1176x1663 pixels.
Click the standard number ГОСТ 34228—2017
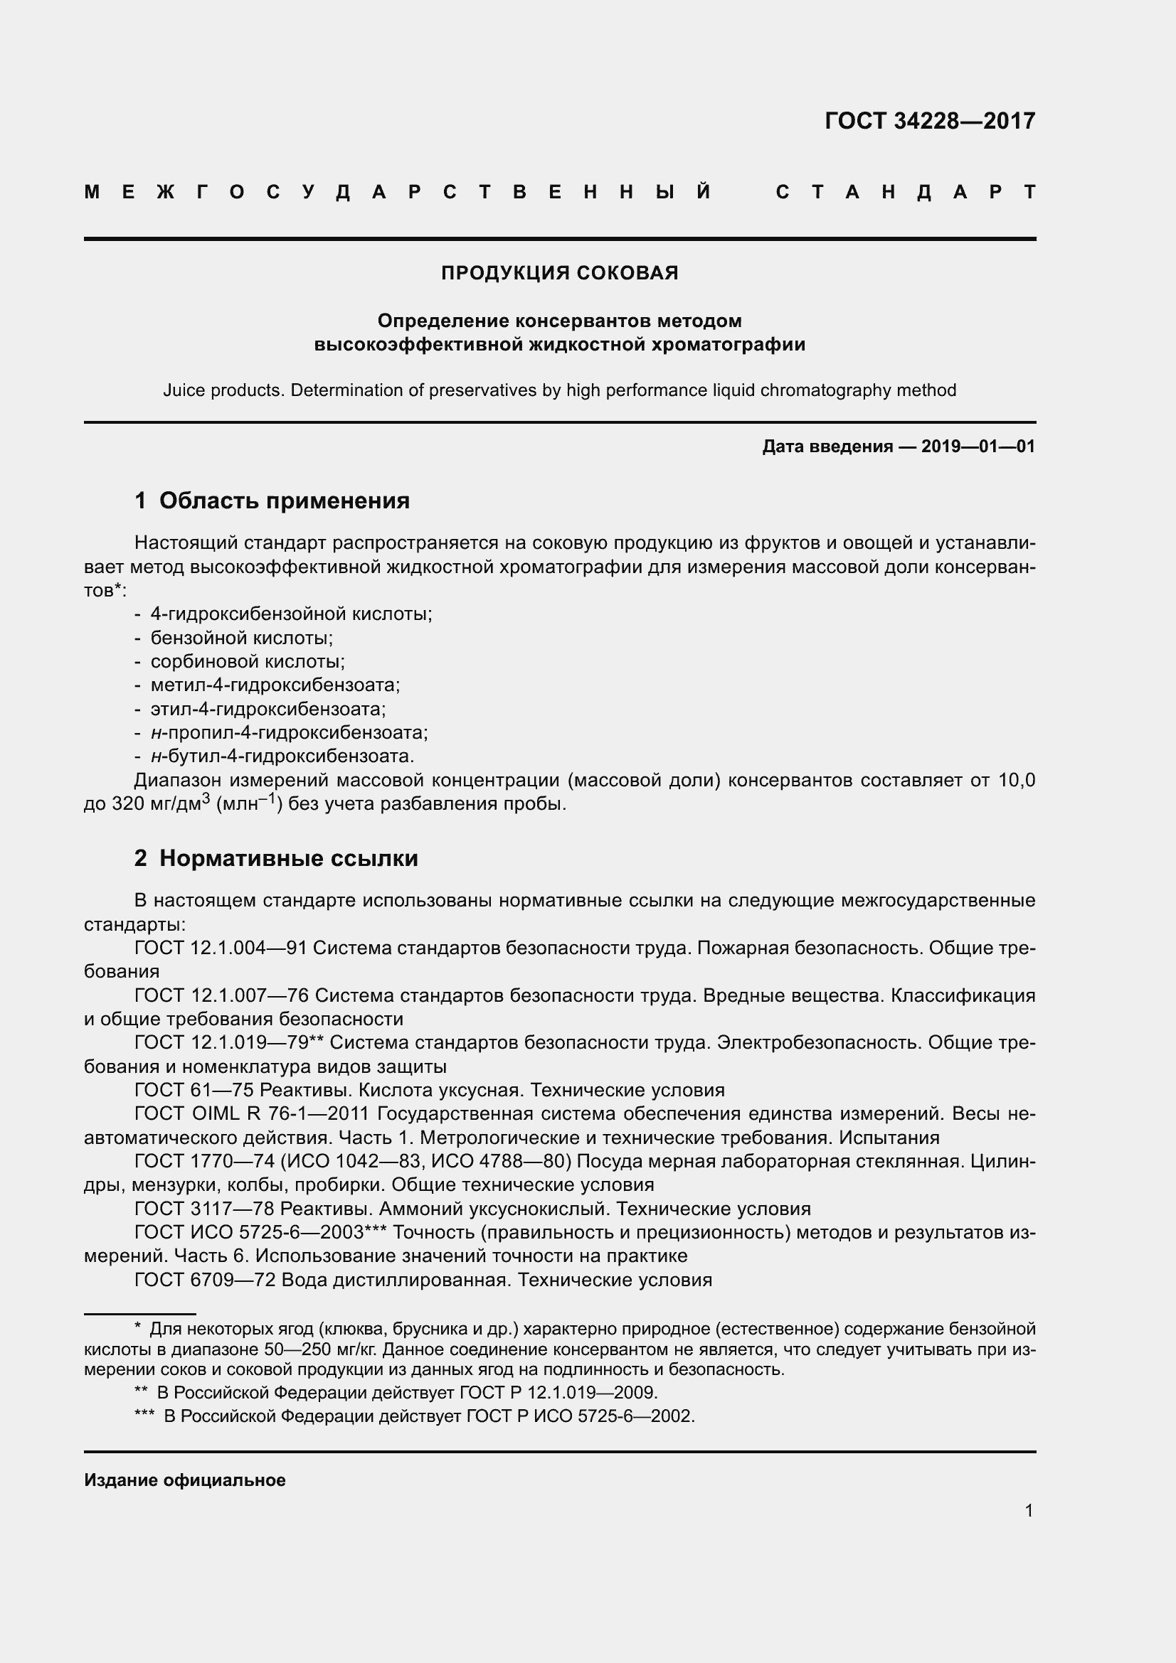click(930, 121)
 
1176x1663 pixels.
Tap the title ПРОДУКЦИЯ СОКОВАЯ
click(559, 273)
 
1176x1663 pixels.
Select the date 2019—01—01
click(978, 447)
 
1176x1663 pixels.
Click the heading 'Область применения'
click(284, 501)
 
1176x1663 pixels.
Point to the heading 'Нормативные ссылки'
click(288, 858)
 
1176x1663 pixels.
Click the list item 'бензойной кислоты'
click(240, 638)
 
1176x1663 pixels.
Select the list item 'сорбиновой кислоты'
click(247, 661)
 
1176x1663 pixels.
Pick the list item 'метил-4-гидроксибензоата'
click(275, 685)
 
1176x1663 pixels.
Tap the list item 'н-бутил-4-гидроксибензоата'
click(282, 756)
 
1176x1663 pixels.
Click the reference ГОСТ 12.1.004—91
click(221, 948)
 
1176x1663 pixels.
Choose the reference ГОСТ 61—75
click(194, 1090)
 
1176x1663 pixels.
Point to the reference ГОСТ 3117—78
click(203, 1209)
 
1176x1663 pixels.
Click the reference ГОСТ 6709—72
click(204, 1280)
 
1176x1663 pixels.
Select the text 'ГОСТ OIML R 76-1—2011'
click(251, 1114)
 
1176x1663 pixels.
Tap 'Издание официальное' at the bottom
click(185, 1480)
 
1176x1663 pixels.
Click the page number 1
click(1029, 1511)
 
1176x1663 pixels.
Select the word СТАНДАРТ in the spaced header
click(906, 193)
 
